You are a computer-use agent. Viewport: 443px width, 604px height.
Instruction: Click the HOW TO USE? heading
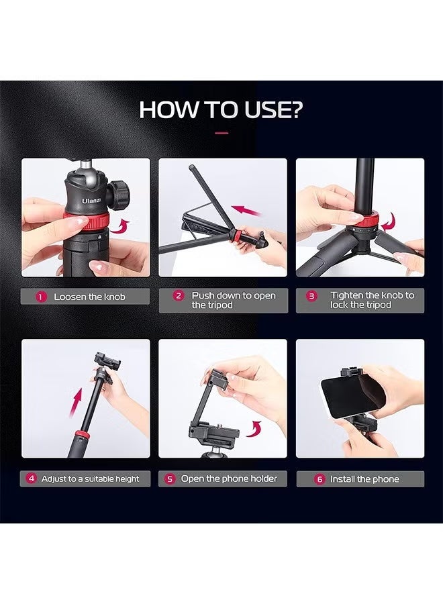pyautogui.click(x=221, y=110)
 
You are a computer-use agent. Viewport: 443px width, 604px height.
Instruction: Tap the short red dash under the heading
pyautogui.click(x=222, y=133)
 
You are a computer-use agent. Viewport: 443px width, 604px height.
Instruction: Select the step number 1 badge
pyautogui.click(x=41, y=297)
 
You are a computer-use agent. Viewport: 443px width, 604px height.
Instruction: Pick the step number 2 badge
pyautogui.click(x=178, y=296)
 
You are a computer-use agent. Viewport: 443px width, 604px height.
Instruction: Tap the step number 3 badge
pyautogui.click(x=311, y=296)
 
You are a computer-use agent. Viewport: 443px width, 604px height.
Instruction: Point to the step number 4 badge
pyautogui.click(x=32, y=479)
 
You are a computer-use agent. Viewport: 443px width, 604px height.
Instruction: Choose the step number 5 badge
pyautogui.click(x=170, y=479)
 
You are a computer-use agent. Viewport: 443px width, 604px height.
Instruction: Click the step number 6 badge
pyautogui.click(x=319, y=479)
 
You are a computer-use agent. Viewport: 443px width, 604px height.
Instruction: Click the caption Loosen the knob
pyautogui.click(x=89, y=297)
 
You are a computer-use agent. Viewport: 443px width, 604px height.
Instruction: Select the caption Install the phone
pyautogui.click(x=364, y=479)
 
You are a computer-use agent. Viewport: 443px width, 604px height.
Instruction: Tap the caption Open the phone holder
pyautogui.click(x=229, y=479)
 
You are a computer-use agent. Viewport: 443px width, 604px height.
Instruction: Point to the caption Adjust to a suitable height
pyautogui.click(x=90, y=479)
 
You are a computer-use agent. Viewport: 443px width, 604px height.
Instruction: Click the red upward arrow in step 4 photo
pyautogui.click(x=76, y=403)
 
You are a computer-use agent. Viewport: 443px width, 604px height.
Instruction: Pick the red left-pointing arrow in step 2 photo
pyautogui.click(x=246, y=210)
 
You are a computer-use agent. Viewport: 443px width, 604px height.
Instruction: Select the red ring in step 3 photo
pyautogui.click(x=366, y=221)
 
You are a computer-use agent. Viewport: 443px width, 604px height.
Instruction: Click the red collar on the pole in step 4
pyautogui.click(x=81, y=436)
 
